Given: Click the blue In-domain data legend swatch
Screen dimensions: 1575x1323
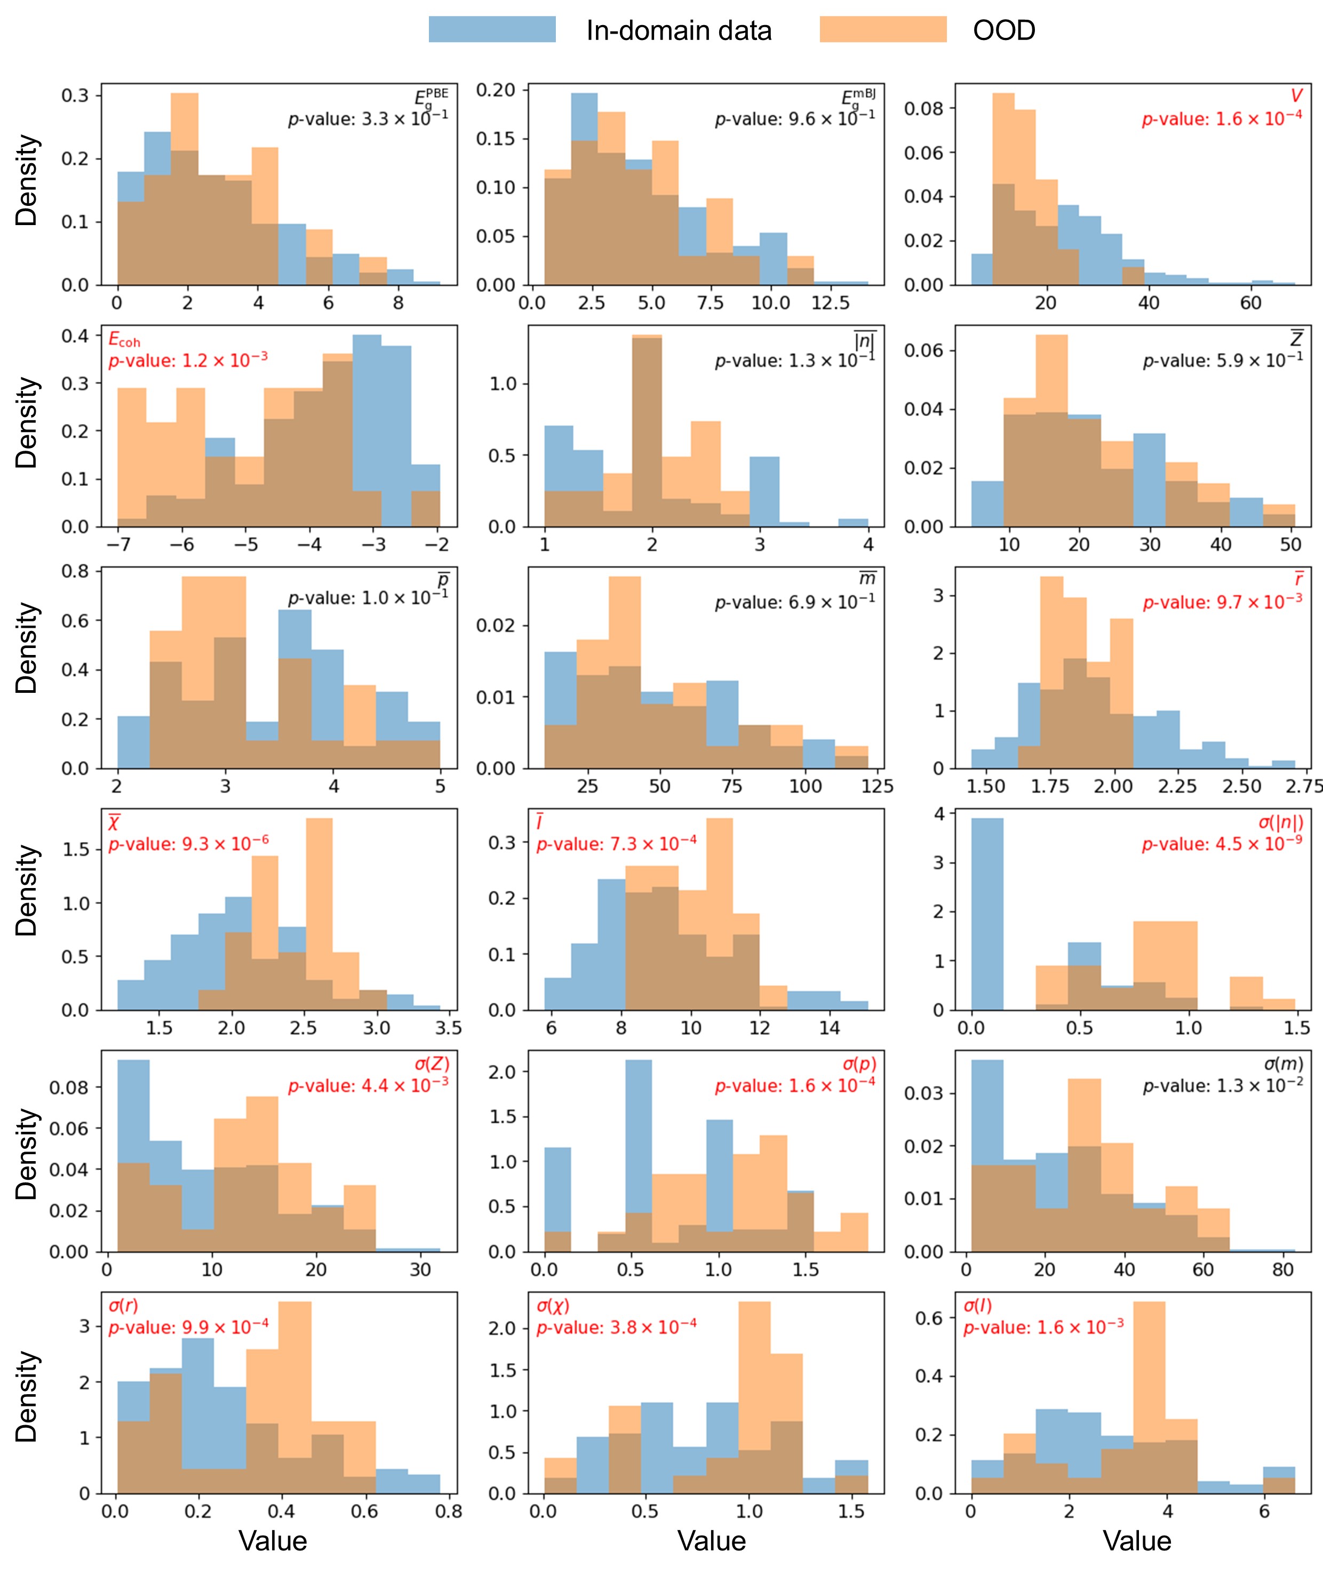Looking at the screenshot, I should [492, 29].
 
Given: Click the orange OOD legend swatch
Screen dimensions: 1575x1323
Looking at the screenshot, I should [883, 29].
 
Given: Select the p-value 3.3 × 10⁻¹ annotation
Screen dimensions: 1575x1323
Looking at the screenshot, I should [368, 118].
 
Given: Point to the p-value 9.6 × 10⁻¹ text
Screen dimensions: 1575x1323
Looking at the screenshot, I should [794, 118].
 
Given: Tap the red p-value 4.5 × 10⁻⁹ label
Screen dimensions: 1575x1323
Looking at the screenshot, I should [1222, 844].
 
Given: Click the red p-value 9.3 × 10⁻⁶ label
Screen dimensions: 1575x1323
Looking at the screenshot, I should [188, 844].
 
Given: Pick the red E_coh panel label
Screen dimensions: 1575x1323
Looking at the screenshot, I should [124, 340].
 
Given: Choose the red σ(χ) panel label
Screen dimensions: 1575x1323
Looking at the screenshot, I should [553, 1306].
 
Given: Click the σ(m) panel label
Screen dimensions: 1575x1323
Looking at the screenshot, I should [1283, 1064].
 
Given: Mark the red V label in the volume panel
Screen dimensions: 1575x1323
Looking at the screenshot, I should [1295, 96].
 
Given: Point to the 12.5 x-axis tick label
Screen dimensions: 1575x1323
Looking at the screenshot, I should [830, 303].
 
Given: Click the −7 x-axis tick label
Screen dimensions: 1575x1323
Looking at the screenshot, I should [118, 545].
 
